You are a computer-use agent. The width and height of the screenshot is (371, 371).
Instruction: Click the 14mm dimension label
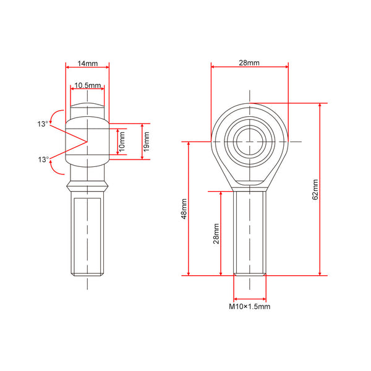[88, 64]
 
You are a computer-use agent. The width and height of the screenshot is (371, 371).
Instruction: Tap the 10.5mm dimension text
[88, 85]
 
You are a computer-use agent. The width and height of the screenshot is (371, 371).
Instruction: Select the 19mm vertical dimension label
[147, 142]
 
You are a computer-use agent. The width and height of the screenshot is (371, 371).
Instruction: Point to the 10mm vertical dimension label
[122, 142]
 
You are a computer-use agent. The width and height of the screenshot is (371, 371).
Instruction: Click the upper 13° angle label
[43, 124]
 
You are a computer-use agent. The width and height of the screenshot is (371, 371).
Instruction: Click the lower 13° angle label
[43, 160]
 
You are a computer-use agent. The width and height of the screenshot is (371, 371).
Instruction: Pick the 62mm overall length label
[315, 190]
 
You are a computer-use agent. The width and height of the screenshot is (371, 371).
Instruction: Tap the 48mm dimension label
[184, 209]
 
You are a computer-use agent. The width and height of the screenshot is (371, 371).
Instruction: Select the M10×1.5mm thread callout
[249, 307]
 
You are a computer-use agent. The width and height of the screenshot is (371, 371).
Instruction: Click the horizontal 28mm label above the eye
[249, 62]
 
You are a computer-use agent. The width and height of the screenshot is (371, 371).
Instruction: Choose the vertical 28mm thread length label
[216, 234]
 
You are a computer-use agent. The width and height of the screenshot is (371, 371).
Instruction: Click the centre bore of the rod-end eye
[250, 142]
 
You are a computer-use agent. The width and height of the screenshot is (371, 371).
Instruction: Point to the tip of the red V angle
[87, 142]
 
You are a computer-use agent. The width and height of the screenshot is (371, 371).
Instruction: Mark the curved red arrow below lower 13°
[57, 168]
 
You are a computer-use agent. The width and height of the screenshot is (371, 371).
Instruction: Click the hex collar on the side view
[87, 186]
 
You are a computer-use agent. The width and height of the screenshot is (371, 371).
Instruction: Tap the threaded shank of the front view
[250, 233]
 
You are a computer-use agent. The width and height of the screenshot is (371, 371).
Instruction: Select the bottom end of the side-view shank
[87, 275]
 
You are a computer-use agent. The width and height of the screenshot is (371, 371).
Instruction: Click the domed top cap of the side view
[87, 106]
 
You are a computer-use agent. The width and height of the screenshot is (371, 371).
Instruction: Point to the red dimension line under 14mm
[87, 67]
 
